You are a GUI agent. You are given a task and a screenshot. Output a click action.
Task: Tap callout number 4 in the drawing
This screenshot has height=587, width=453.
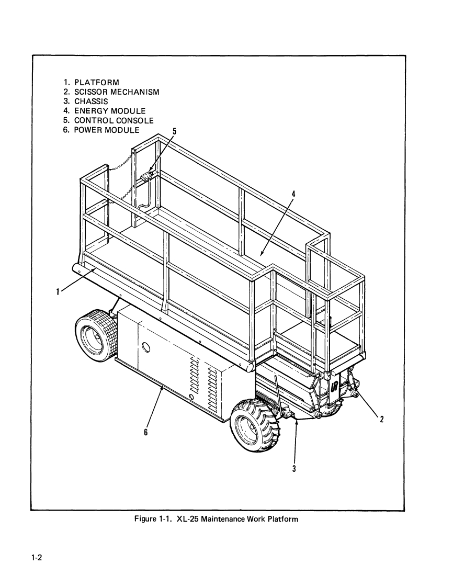point(293,193)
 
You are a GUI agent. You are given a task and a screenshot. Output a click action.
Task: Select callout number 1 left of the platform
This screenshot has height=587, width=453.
point(58,292)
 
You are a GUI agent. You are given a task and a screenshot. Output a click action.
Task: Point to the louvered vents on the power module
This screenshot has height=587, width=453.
point(205,381)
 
